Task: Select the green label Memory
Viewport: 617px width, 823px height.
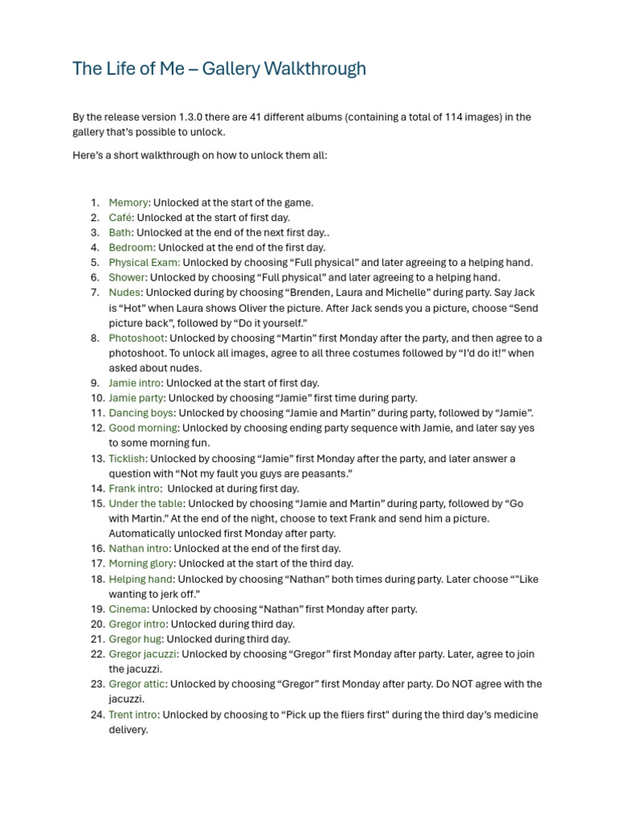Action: (129, 203)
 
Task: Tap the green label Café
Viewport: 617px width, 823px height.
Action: (121, 217)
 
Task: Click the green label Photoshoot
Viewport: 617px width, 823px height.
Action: (137, 338)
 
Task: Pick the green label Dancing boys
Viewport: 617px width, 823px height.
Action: (141, 413)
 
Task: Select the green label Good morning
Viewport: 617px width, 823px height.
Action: (143, 428)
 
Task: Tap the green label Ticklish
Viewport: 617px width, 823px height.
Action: (127, 459)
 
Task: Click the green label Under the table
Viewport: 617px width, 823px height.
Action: (145, 504)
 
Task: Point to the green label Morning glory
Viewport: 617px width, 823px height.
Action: (141, 563)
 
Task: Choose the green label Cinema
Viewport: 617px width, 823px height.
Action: (128, 609)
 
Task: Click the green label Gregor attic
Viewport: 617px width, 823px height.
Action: (137, 684)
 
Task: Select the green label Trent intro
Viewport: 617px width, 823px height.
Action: (133, 714)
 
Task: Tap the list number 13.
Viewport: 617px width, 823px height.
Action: (96, 459)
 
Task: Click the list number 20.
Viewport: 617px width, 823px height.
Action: (97, 624)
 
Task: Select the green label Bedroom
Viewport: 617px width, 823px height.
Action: (131, 248)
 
